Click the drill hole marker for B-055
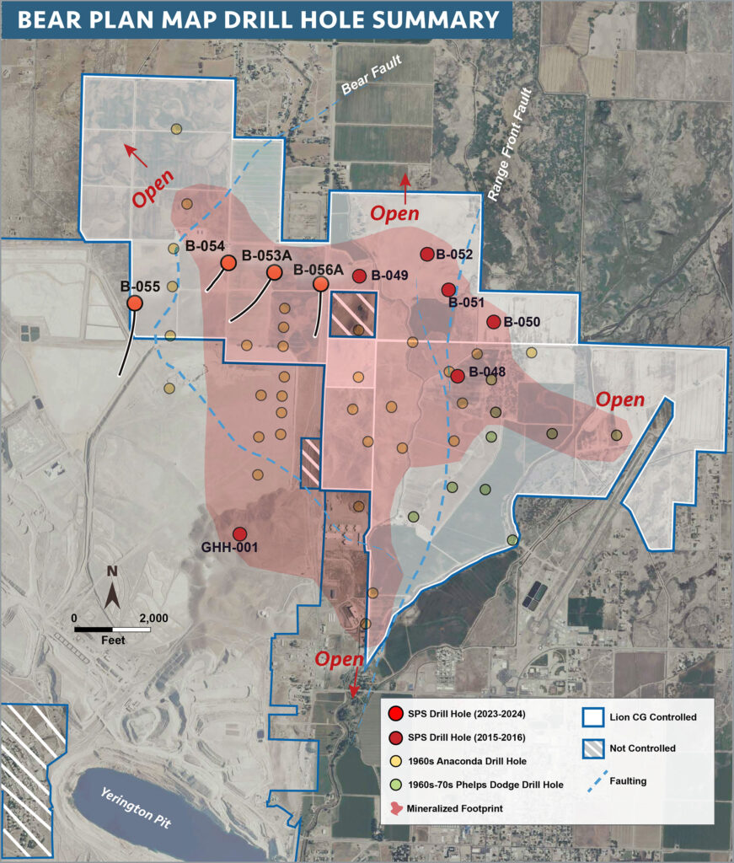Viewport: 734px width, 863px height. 134,303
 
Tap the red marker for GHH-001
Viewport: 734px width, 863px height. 239,533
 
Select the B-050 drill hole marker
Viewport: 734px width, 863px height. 494,322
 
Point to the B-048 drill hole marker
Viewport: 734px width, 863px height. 458,376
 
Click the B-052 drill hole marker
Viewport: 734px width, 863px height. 426,255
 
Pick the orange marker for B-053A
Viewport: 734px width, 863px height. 274,272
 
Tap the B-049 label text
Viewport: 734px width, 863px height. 389,276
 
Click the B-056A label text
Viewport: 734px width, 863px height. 319,270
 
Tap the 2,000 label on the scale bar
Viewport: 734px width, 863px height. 153,618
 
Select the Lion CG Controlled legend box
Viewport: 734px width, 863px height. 592,717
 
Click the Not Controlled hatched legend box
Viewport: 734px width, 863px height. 592,748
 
